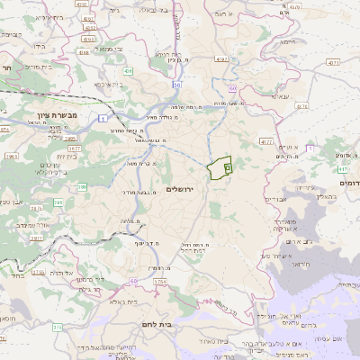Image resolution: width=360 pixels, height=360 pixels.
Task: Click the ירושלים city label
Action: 180,188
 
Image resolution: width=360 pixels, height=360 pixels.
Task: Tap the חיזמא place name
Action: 286,41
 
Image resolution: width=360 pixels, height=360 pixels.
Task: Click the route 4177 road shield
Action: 265,141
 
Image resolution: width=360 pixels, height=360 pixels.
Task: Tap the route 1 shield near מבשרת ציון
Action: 103,117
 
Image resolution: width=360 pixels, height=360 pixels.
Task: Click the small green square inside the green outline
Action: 226,166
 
